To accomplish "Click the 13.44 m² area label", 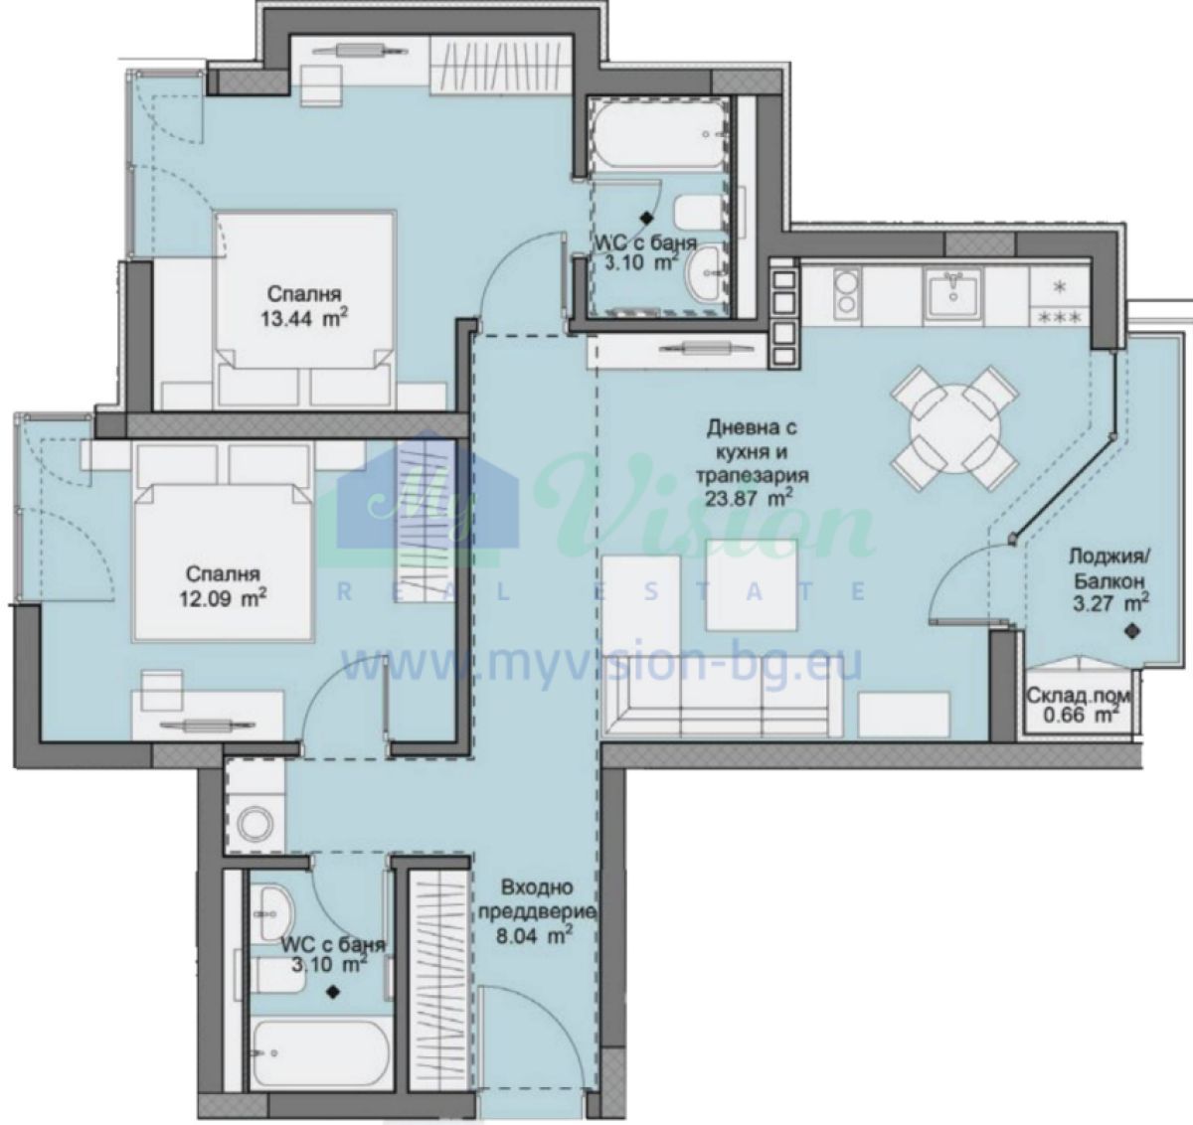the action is (x=304, y=318).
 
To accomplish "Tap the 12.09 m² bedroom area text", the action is (x=223, y=598).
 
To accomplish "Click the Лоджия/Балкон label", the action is (x=1108, y=568).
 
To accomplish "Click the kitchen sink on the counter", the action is (x=954, y=292).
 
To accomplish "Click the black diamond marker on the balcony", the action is (x=1132, y=631).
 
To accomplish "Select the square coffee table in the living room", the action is (x=752, y=584).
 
